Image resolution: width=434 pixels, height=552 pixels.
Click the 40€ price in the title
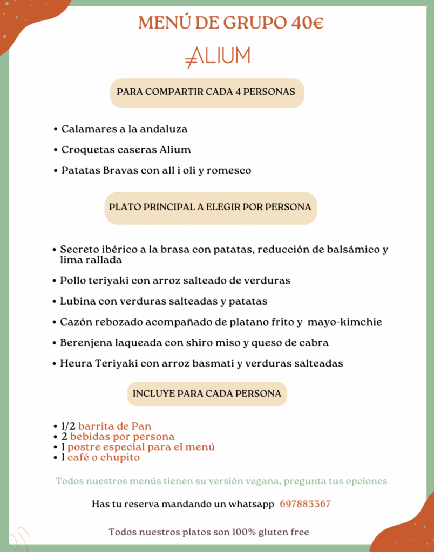coord(307,23)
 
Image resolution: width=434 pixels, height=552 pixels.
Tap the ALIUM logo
coord(218,56)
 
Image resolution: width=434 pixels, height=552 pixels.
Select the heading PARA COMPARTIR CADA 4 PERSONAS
coord(206,92)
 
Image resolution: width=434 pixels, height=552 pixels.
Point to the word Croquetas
coord(85,149)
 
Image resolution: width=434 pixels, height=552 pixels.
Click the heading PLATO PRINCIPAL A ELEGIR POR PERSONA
coord(210,207)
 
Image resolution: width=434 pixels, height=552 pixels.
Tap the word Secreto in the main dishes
coord(79,250)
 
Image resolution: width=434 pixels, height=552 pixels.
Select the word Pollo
coord(73,280)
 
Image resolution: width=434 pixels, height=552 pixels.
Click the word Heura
coord(76,363)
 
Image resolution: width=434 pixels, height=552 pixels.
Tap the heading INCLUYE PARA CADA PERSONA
coord(207,394)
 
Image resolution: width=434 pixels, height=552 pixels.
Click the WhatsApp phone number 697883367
coord(305,504)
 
